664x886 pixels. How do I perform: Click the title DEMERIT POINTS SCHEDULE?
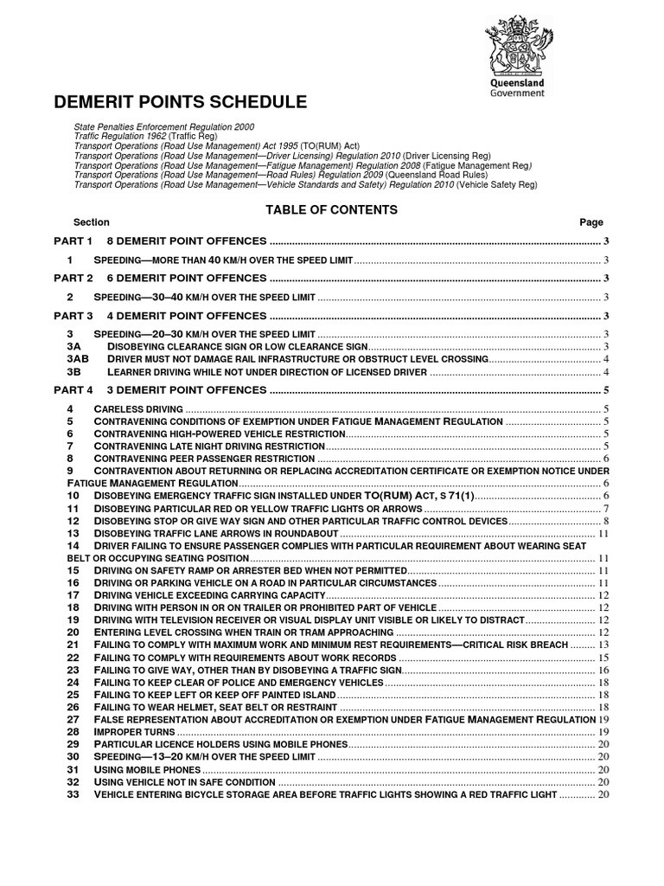pyautogui.click(x=180, y=102)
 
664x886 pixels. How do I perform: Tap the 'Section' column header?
pyautogui.click(x=91, y=222)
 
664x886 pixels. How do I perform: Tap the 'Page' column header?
pyautogui.click(x=591, y=222)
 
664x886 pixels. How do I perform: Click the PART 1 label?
pyautogui.click(x=73, y=241)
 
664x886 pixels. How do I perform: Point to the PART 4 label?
pyautogui.click(x=73, y=389)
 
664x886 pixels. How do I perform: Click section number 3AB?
pyautogui.click(x=78, y=358)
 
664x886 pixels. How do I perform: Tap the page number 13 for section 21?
pyautogui.click(x=604, y=645)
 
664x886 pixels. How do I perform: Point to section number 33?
pyautogui.click(x=73, y=793)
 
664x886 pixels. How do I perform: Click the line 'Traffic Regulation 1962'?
pyautogui.click(x=151, y=137)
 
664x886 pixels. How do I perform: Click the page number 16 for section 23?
pyautogui.click(x=604, y=670)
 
